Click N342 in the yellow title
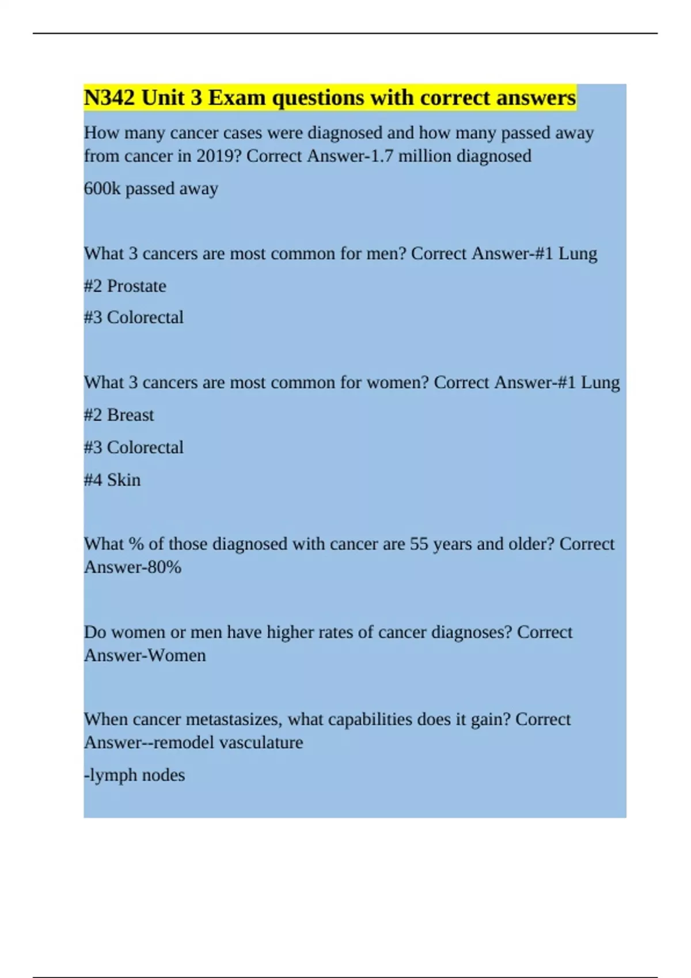click(x=109, y=98)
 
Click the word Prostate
click(x=136, y=286)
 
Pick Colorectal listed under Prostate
click(x=145, y=318)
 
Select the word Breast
click(x=130, y=415)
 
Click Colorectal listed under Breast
click(x=145, y=448)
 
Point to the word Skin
click(x=123, y=480)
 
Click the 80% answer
click(x=165, y=567)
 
